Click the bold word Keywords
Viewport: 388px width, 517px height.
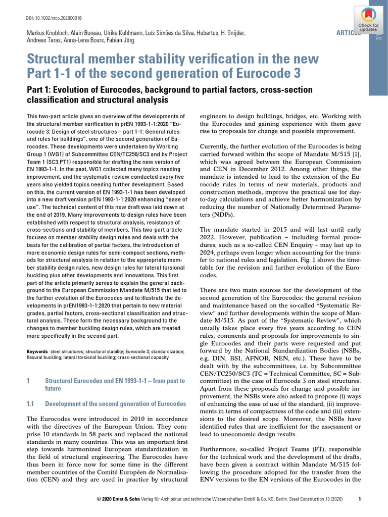(x=37, y=351)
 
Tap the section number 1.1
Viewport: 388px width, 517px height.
(x=30, y=404)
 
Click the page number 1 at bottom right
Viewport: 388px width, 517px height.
(x=359, y=499)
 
